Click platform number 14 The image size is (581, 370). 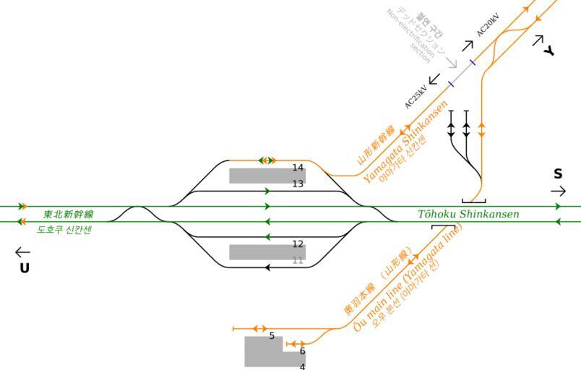click(x=298, y=168)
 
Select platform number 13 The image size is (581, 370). click(x=298, y=184)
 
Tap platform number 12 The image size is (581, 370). click(x=298, y=244)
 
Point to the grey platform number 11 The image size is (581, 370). click(x=298, y=260)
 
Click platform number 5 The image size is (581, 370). click(x=272, y=336)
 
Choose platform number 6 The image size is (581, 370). click(x=302, y=351)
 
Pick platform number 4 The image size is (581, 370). click(x=302, y=366)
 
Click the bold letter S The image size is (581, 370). click(x=558, y=174)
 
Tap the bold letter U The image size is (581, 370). click(x=25, y=268)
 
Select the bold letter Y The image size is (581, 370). click(x=549, y=51)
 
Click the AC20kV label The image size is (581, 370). click(x=489, y=25)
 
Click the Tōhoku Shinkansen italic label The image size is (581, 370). click(x=468, y=214)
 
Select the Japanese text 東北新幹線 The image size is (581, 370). click(x=68, y=215)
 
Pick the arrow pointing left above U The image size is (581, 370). click(x=22, y=253)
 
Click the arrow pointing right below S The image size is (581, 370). click(x=558, y=191)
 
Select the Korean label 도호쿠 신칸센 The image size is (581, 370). click(x=64, y=230)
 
